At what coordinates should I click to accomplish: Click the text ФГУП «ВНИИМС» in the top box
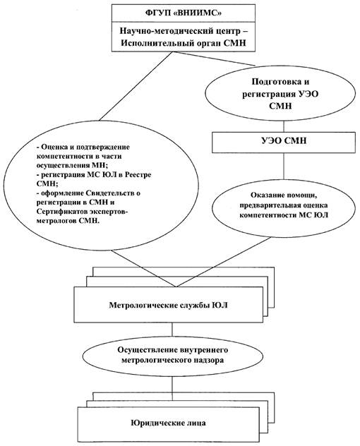[183, 13]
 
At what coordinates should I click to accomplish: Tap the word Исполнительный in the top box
[157, 42]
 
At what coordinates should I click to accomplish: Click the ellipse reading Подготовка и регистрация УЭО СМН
[280, 93]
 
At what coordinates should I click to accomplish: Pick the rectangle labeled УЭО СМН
[284, 143]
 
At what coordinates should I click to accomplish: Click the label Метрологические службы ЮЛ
[169, 305]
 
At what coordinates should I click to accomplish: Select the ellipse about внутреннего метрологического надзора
[172, 355]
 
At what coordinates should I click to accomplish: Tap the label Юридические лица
[169, 423]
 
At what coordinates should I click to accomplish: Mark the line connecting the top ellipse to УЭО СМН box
[283, 126]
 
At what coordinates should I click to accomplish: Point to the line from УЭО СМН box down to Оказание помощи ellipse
[283, 166]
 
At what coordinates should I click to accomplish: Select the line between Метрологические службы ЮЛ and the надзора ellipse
[172, 328]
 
